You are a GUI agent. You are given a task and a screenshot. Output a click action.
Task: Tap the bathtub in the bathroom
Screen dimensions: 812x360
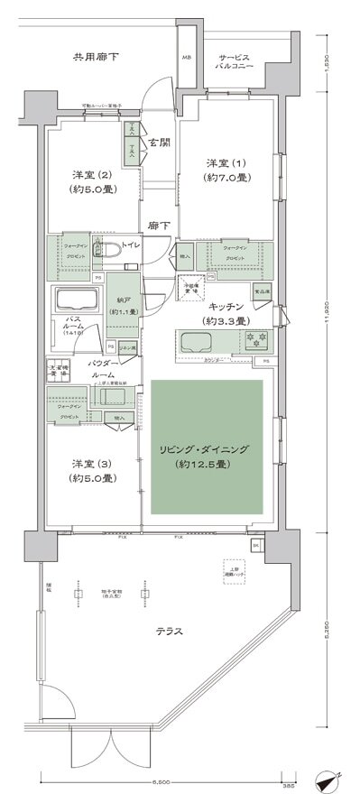(x=78, y=299)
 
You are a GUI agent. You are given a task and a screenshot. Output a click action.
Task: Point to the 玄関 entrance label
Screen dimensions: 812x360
(x=161, y=143)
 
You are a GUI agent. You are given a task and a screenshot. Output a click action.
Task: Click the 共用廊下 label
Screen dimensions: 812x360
(x=97, y=58)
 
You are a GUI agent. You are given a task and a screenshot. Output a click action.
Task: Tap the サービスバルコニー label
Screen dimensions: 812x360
(x=234, y=61)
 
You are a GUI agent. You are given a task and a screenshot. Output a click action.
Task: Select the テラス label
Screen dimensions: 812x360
(x=169, y=632)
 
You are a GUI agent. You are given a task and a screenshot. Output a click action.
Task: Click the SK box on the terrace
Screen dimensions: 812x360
(x=255, y=547)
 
